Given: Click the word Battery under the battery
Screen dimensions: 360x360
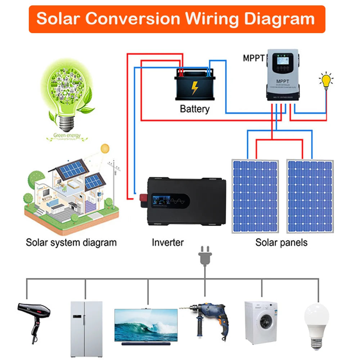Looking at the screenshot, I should pyautogui.click(x=194, y=109).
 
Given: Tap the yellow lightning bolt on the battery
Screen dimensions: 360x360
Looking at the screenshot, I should pyautogui.click(x=194, y=87).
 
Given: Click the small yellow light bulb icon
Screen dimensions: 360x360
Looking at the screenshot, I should pyautogui.click(x=326, y=81).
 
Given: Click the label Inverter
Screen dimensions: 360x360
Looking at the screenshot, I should pyautogui.click(x=168, y=242).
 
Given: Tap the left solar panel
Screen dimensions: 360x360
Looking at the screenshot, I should pyautogui.click(x=255, y=196).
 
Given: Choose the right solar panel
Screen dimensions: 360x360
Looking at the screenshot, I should pyautogui.click(x=310, y=196).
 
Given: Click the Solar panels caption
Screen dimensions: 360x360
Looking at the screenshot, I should pyautogui.click(x=282, y=242).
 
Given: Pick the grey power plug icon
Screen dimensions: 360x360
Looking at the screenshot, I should pyautogui.click(x=205, y=256).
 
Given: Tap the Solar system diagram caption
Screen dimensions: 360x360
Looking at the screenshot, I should pyautogui.click(x=71, y=242).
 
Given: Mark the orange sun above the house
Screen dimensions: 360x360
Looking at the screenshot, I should pyautogui.click(x=105, y=148).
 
